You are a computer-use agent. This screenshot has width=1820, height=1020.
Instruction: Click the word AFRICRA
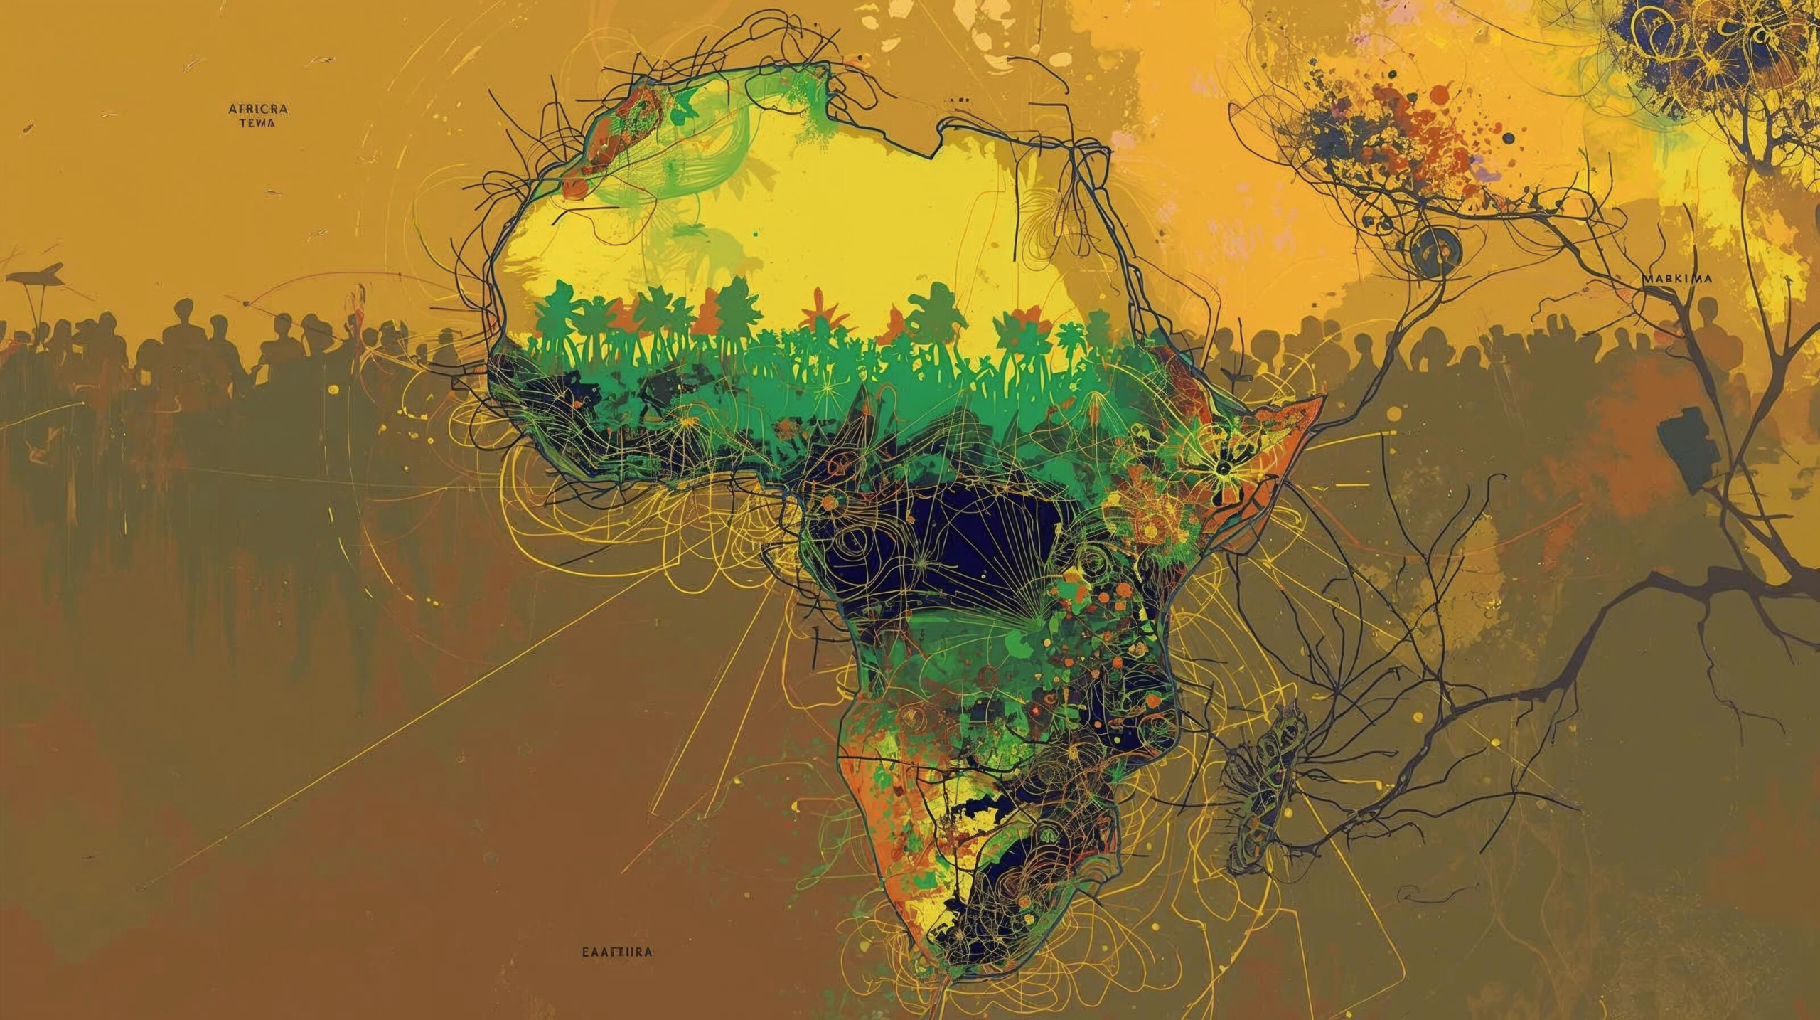pyautogui.click(x=258, y=109)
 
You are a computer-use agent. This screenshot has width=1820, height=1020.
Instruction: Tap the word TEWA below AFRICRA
pyautogui.click(x=258, y=122)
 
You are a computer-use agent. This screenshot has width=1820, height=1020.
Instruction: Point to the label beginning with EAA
pyautogui.click(x=616, y=951)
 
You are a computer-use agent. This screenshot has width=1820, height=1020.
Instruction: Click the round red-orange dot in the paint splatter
pyautogui.click(x=1439, y=93)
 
